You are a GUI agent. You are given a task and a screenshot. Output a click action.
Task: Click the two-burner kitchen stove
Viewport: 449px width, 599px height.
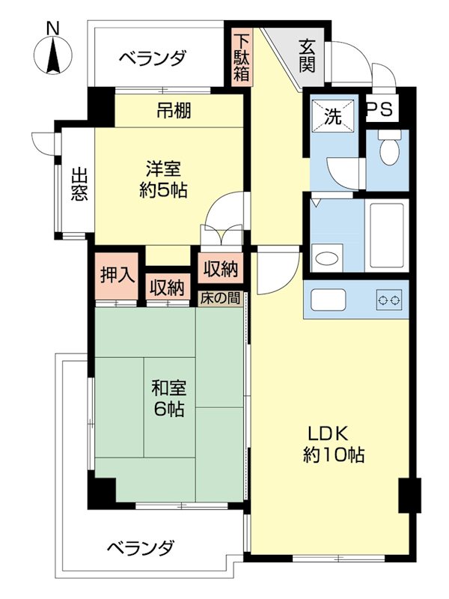click(x=388, y=300)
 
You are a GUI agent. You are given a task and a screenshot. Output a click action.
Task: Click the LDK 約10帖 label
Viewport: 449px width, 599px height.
click(x=334, y=443)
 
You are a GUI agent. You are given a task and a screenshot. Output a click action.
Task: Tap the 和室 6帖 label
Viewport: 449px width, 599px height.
click(x=168, y=399)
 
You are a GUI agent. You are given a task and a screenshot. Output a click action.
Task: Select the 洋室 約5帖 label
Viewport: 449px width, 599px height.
click(x=163, y=180)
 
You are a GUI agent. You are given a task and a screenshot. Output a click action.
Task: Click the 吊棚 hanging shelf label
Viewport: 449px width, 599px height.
click(x=174, y=112)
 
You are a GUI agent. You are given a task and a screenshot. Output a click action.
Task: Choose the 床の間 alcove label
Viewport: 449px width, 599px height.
click(x=222, y=297)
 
